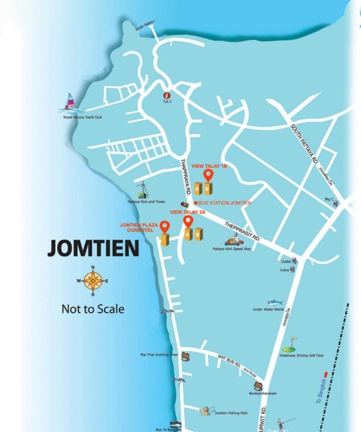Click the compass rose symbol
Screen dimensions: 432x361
click(92, 281)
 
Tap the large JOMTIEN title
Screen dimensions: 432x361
click(93, 248)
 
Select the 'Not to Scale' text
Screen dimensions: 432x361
click(93, 309)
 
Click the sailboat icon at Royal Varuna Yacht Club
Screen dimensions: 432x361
click(70, 102)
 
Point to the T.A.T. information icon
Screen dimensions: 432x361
click(167, 95)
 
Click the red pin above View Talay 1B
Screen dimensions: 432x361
click(208, 175)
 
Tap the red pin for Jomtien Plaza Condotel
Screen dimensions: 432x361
click(164, 227)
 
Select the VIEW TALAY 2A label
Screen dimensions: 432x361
click(188, 212)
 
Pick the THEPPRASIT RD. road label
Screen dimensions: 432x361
click(242, 231)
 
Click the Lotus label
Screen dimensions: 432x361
click(285, 270)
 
